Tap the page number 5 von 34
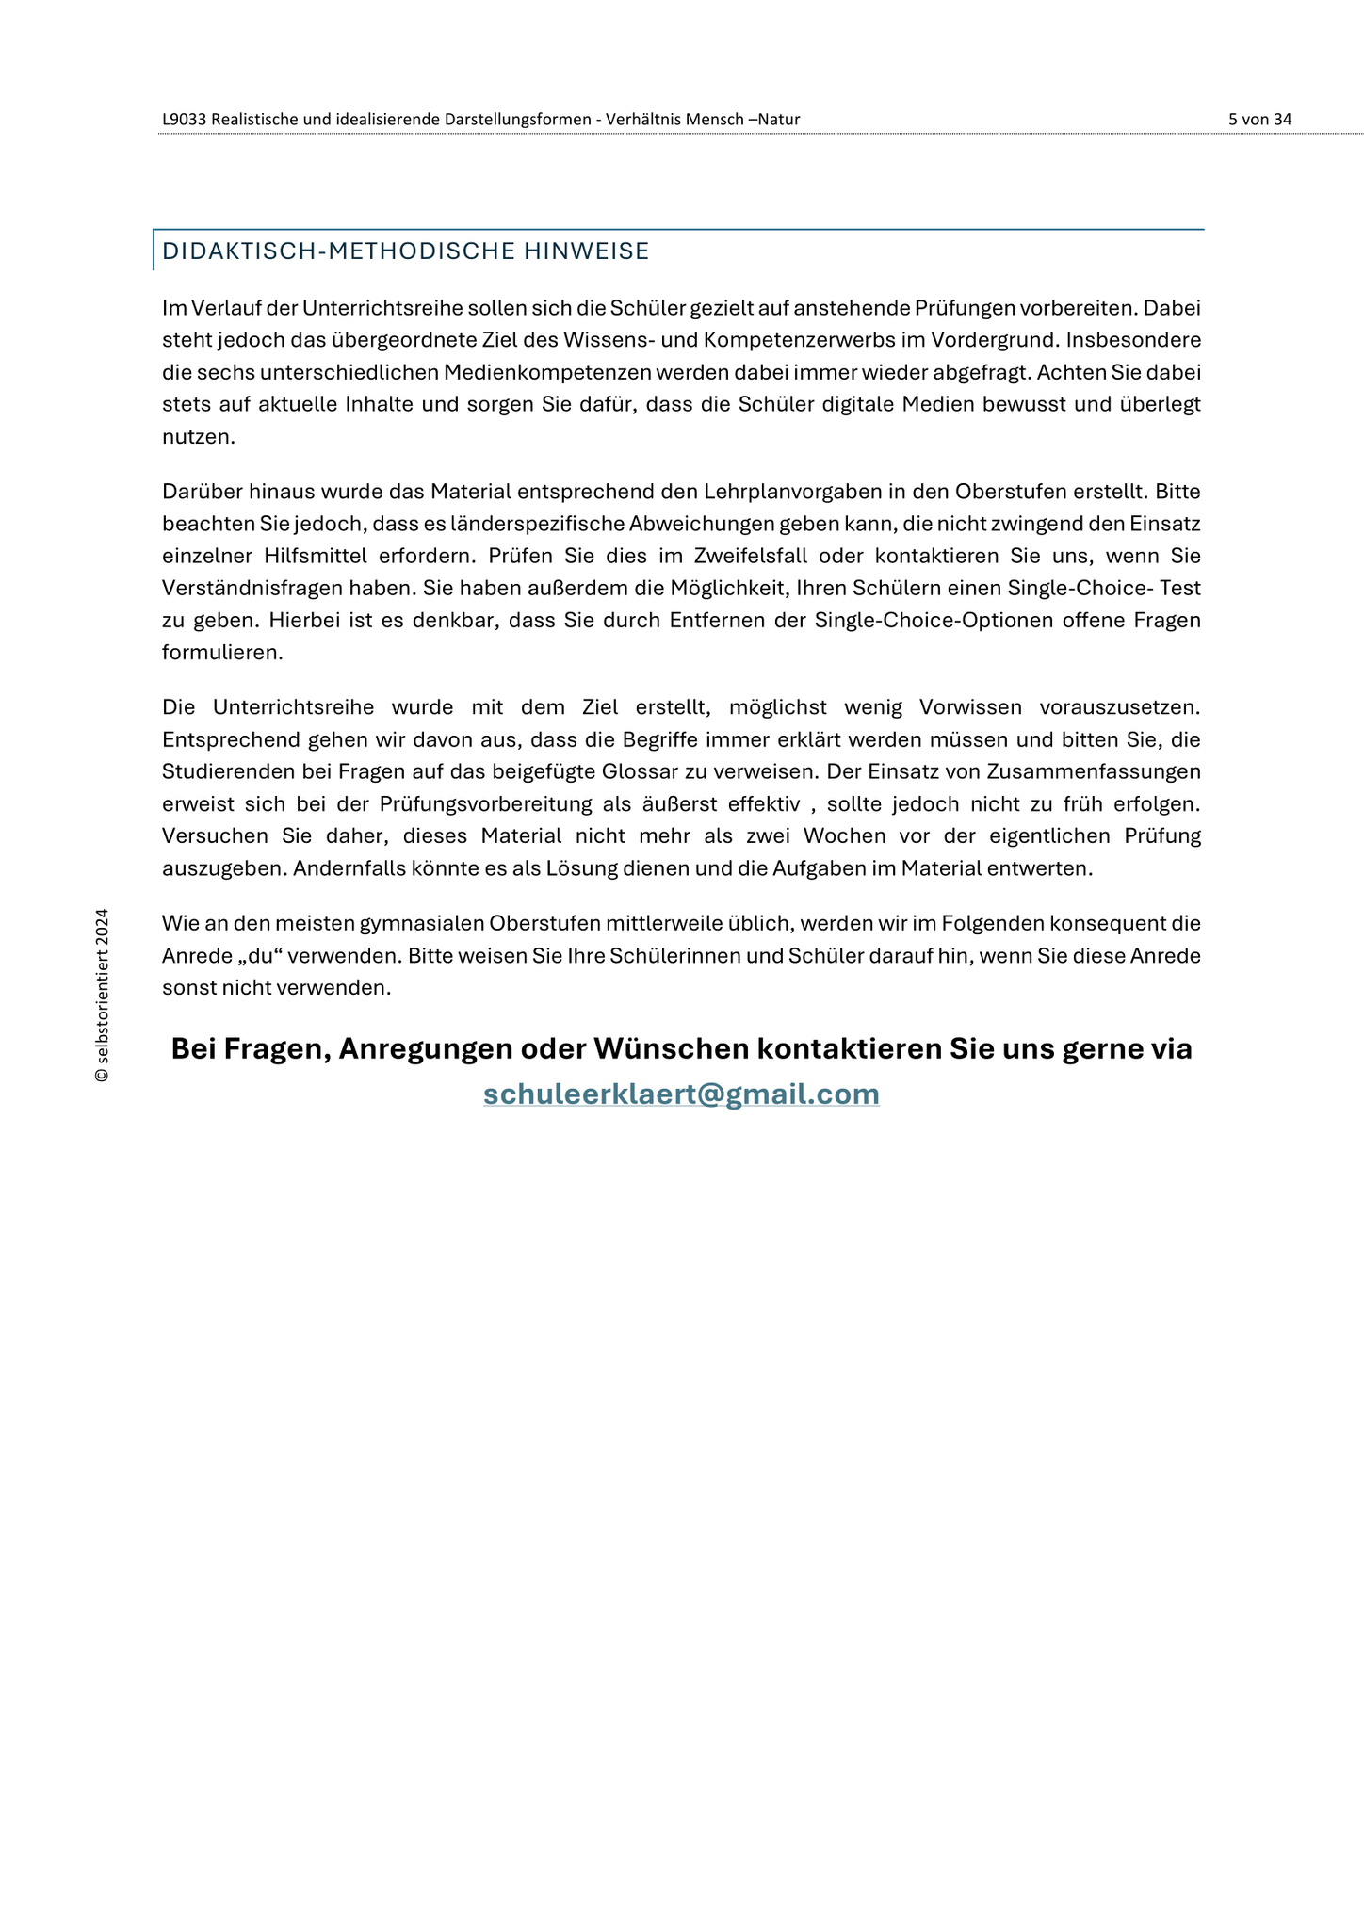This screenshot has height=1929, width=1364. click(x=1259, y=120)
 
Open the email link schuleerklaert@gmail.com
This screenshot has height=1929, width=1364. click(x=681, y=1094)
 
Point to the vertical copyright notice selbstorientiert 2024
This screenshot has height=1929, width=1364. click(x=102, y=995)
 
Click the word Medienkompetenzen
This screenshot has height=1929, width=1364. click(x=547, y=372)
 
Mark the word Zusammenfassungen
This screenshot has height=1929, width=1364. click(x=1094, y=771)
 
